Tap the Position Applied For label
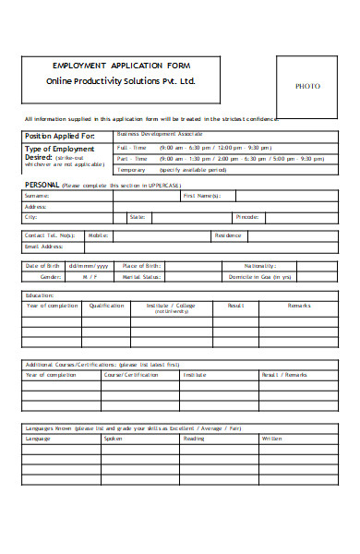click(58, 136)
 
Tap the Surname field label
click(37, 196)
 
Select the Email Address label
click(43, 247)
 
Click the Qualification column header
click(106, 305)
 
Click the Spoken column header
click(113, 439)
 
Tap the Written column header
click(272, 439)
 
